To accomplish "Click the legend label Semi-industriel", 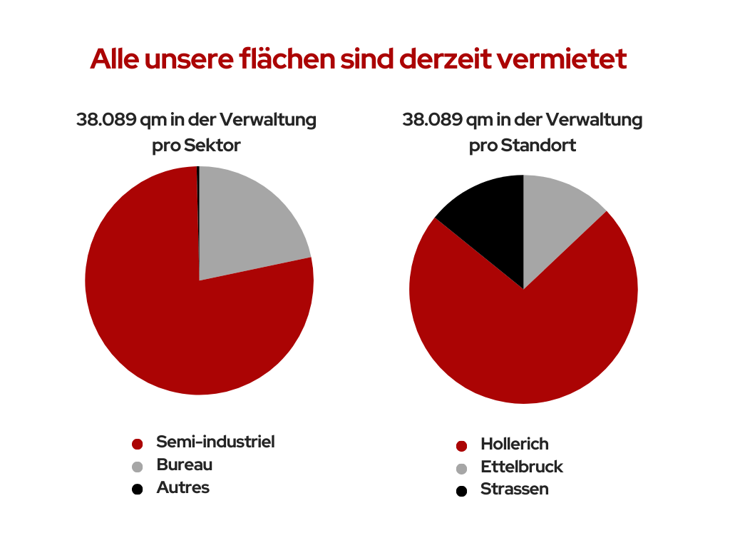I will tap(215, 442).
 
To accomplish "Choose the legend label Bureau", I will tap(185, 465).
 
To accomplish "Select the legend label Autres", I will tap(183, 488).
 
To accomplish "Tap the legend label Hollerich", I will tap(515, 445).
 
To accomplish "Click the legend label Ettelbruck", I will tap(522, 467).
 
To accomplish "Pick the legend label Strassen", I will tap(515, 489).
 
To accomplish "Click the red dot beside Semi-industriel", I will tap(138, 444).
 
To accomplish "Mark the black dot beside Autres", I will tap(138, 489).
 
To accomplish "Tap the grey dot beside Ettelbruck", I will tap(461, 469).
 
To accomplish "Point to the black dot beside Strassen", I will tap(461, 491).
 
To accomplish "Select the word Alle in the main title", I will tap(115, 59).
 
